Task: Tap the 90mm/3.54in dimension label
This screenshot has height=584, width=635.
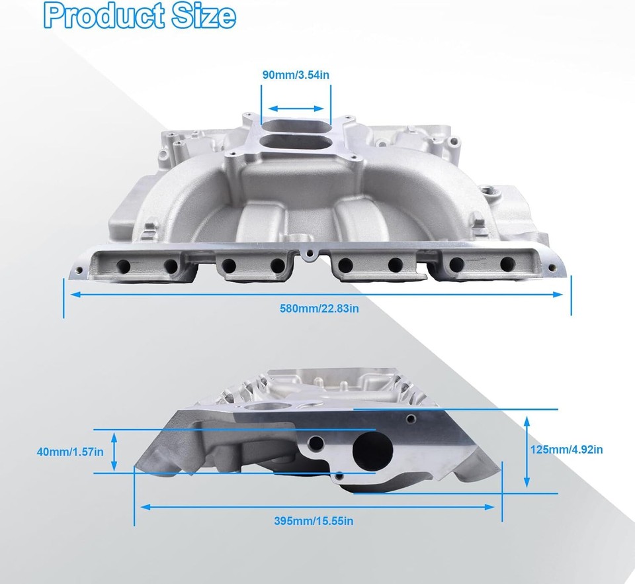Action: pyautogui.click(x=296, y=75)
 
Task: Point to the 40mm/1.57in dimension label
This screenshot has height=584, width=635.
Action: pyautogui.click(x=70, y=452)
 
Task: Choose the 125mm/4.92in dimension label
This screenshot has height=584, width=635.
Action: pyautogui.click(x=567, y=450)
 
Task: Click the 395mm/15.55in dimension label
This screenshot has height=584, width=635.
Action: pyautogui.click(x=314, y=521)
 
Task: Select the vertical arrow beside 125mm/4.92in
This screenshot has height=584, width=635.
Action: pyautogui.click(x=527, y=450)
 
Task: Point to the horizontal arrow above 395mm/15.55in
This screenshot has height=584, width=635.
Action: pyautogui.click(x=318, y=507)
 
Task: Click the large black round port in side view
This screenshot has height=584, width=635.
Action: pyautogui.click(x=372, y=450)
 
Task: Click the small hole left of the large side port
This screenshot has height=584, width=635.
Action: pyautogui.click(x=316, y=442)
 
